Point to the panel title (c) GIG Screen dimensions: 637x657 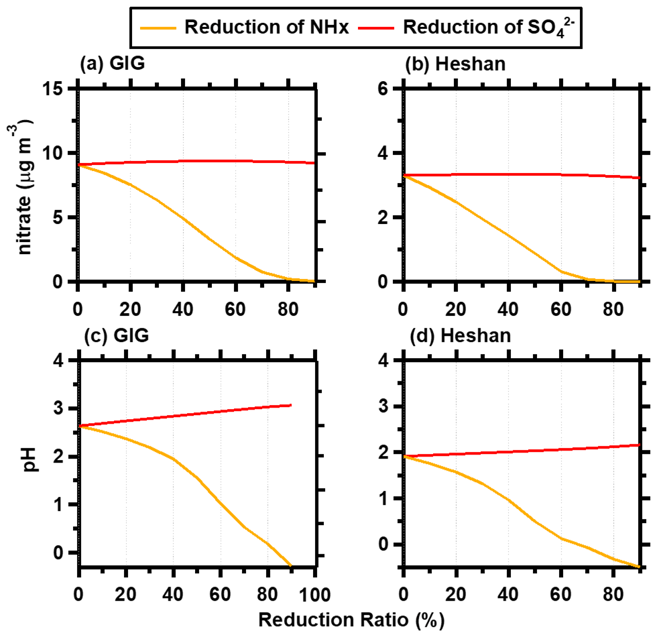pyautogui.click(x=113, y=337)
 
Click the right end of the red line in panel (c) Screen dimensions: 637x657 pyautogui.click(x=290, y=405)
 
